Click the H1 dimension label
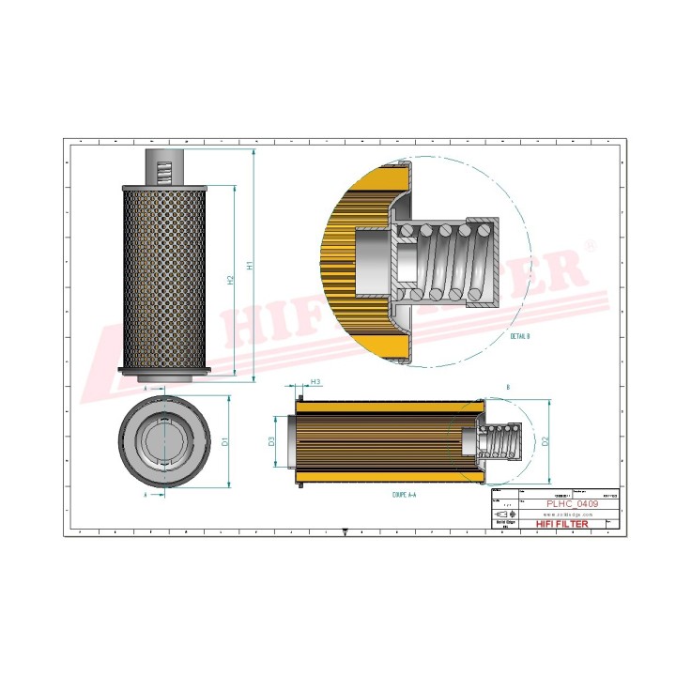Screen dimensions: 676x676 [249, 266]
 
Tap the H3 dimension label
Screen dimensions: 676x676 [316, 382]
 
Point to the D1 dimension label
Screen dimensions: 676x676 [224, 439]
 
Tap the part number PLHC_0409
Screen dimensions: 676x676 [570, 504]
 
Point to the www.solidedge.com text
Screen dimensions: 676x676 [570, 515]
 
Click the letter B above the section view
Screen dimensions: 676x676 [508, 387]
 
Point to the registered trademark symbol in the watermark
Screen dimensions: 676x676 [590, 246]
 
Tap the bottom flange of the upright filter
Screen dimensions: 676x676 [162, 374]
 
